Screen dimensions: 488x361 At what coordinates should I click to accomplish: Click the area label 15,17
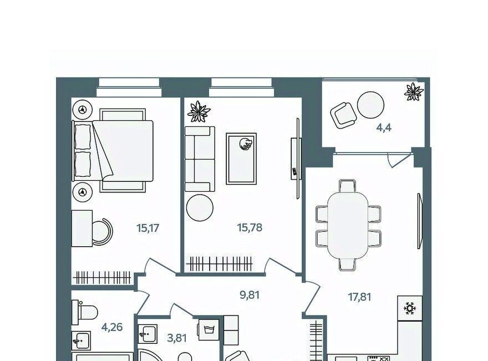pos(148,228)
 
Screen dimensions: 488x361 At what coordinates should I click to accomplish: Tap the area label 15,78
pos(250,227)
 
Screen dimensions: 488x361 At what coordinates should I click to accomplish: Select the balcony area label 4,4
pos(384,128)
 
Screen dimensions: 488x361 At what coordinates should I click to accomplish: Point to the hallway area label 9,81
pos(250,294)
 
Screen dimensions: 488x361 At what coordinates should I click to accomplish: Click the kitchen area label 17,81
pos(359,297)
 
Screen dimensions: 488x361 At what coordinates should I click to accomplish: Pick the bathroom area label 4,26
pos(112,327)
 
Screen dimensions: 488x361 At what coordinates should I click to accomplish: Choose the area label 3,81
pos(177,338)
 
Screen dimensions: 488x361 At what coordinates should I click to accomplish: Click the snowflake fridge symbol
pos(410,308)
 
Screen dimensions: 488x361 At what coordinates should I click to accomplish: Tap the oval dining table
pos(348,225)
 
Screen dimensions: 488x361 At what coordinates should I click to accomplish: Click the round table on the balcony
pos(370,105)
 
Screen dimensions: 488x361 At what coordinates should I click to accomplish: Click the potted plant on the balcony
pos(414,92)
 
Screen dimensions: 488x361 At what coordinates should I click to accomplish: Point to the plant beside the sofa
pos(199,111)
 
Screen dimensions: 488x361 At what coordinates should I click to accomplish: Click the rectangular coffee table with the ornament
pos(241,159)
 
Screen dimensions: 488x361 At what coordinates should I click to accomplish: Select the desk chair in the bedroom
pos(102,232)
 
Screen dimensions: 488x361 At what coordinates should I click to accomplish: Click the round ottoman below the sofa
pos(200,207)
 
